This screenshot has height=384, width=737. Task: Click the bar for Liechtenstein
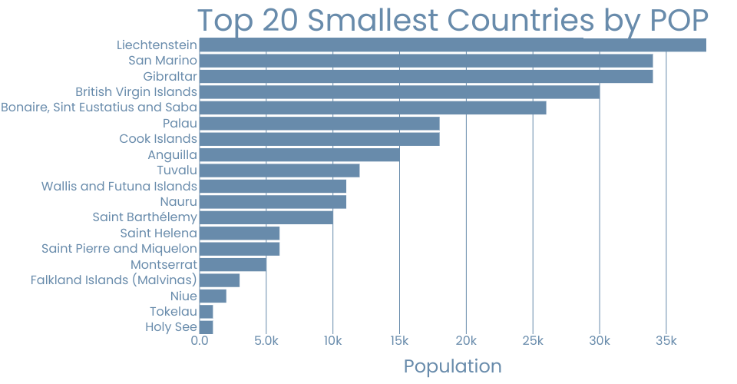pyautogui.click(x=452, y=45)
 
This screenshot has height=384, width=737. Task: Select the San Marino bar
pyautogui.click(x=426, y=61)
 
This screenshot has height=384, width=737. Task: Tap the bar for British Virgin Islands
pyautogui.click(x=399, y=92)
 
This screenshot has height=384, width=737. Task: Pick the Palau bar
pyautogui.click(x=319, y=124)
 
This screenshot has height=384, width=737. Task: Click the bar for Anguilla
pyautogui.click(x=299, y=155)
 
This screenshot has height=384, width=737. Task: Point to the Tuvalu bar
pyautogui.click(x=279, y=170)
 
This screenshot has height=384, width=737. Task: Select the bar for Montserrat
pyautogui.click(x=233, y=265)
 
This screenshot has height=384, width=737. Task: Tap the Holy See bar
pyautogui.click(x=207, y=327)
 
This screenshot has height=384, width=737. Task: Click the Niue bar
pyautogui.click(x=213, y=296)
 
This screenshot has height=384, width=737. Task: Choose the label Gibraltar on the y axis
pyautogui.click(x=170, y=77)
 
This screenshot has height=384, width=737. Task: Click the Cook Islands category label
pyautogui.click(x=158, y=139)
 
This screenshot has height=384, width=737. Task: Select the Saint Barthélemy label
pyautogui.click(x=144, y=217)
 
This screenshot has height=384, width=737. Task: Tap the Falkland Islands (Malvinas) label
pyautogui.click(x=114, y=280)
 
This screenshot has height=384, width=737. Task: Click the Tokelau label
pyautogui.click(x=174, y=312)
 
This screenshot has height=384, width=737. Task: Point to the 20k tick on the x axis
pyautogui.click(x=466, y=341)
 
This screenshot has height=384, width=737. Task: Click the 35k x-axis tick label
pyautogui.click(x=666, y=341)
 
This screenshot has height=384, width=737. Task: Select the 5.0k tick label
pyautogui.click(x=266, y=341)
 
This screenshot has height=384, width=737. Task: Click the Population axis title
pyautogui.click(x=452, y=366)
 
